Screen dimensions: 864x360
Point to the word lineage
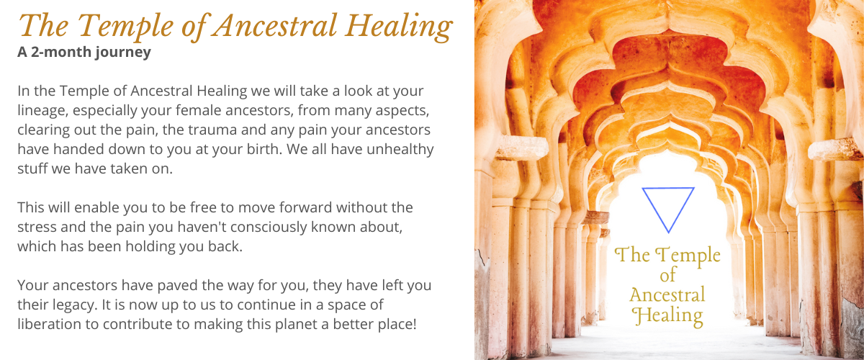[x=42, y=111]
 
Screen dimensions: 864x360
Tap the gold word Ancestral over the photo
[x=667, y=294]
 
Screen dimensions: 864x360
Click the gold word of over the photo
[x=667, y=275]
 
